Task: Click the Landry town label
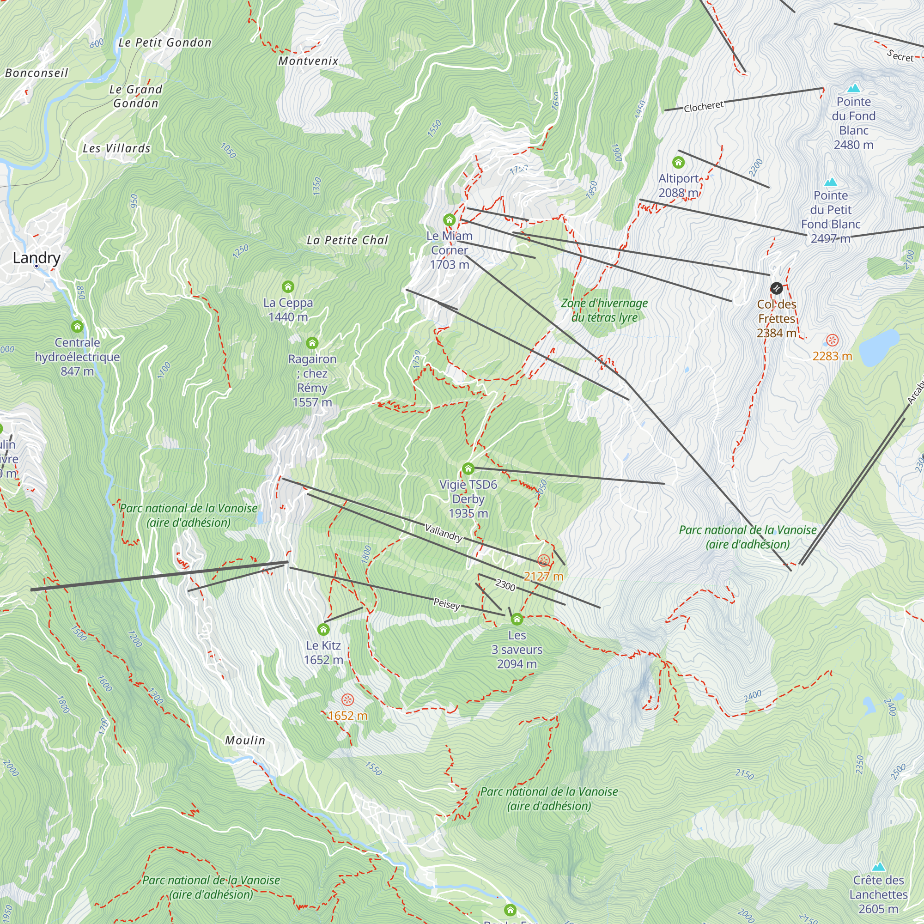point(36,258)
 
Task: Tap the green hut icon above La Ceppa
point(288,286)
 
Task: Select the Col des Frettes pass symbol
point(776,288)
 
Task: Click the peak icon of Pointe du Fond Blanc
point(854,89)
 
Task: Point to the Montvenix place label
point(309,61)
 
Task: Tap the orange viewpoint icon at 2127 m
point(543,560)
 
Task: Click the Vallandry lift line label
point(444,532)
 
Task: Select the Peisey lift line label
point(447,603)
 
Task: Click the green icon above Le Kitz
point(323,629)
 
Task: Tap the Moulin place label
point(245,740)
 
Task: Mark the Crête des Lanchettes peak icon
point(878,867)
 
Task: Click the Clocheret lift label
point(704,107)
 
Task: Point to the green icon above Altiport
point(678,163)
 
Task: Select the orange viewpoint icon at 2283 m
point(832,340)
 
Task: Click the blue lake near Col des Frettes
point(879,346)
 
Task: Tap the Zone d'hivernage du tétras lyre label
point(604,310)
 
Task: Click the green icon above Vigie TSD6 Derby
point(468,468)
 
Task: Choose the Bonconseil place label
point(37,73)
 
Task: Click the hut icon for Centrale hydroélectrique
point(77,327)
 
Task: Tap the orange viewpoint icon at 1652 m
point(348,699)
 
